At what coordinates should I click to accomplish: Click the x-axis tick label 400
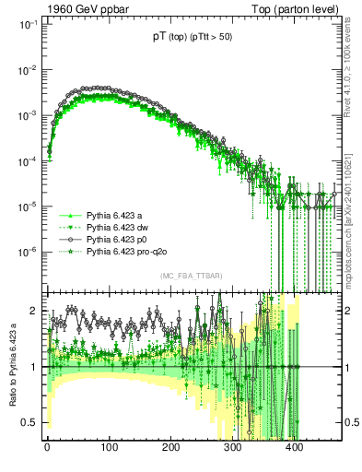(295, 450)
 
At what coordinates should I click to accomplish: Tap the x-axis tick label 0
(47, 450)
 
